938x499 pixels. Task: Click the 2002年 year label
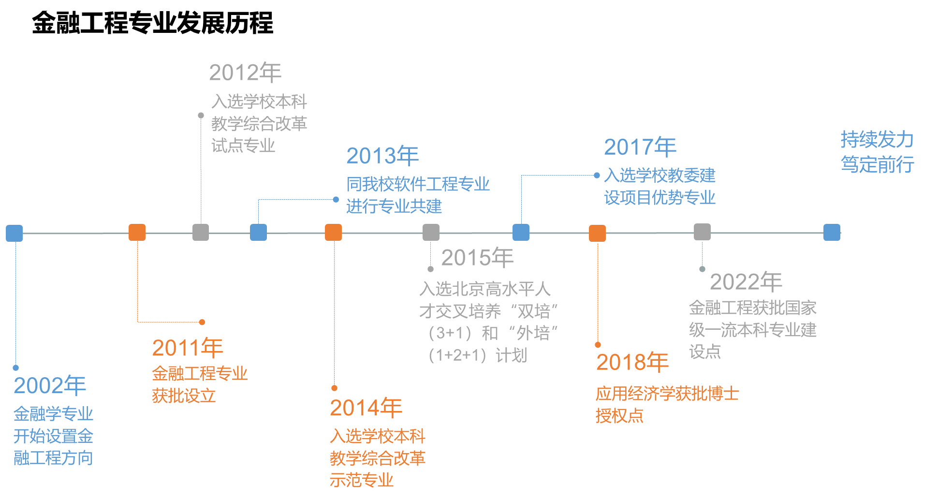[x=50, y=385]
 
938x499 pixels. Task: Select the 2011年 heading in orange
[x=188, y=348]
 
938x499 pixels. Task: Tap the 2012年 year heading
[x=245, y=73]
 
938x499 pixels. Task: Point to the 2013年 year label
[x=382, y=156]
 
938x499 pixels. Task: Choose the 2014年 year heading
[x=366, y=408]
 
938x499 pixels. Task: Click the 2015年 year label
[x=477, y=258]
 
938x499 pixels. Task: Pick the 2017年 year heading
[x=640, y=147]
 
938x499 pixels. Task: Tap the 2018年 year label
[x=632, y=362]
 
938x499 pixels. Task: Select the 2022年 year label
[x=746, y=282]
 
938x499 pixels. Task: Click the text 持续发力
[x=877, y=140]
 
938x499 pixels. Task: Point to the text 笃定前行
[x=877, y=164]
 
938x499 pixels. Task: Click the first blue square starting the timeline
[x=15, y=233]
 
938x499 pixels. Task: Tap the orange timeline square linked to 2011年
[x=137, y=232]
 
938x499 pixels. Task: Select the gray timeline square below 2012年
[x=201, y=232]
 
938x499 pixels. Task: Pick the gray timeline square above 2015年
[x=431, y=232]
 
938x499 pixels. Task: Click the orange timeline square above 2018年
[x=597, y=233]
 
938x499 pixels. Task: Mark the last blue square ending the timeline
[x=832, y=232]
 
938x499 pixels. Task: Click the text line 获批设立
[x=184, y=396]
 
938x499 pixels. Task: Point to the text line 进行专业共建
[x=394, y=206]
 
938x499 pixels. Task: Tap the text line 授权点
[x=619, y=416]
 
